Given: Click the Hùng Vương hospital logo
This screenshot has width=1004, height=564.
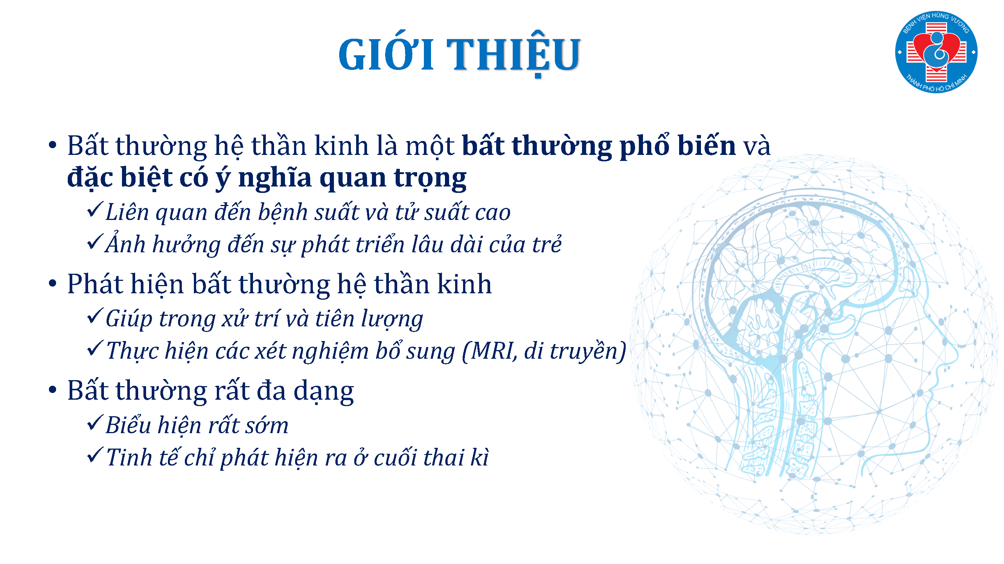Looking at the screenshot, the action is (936, 52).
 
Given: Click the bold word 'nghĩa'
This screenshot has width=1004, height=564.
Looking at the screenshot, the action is (274, 178).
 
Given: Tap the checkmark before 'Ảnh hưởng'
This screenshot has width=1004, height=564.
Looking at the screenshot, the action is (95, 242).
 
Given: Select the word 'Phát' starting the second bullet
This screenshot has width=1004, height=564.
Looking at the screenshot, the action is (95, 284).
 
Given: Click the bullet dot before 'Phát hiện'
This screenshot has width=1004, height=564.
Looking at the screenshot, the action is (53, 284).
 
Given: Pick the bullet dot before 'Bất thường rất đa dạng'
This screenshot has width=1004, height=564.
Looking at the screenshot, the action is (53, 390).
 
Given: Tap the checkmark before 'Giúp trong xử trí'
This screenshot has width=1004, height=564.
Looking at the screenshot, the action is (95, 316).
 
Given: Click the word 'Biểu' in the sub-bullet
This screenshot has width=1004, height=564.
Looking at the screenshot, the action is (128, 425).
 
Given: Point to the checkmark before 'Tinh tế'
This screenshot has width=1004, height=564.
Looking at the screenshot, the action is (95, 455).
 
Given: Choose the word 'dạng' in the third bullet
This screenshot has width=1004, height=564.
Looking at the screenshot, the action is (323, 391).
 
